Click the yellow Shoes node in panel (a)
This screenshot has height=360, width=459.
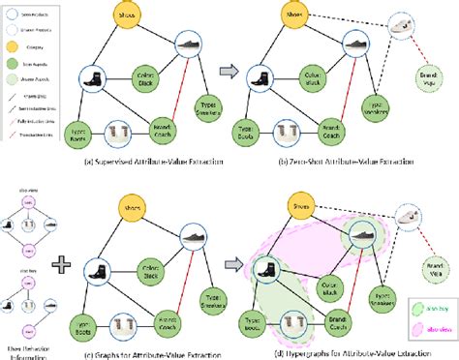125,17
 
